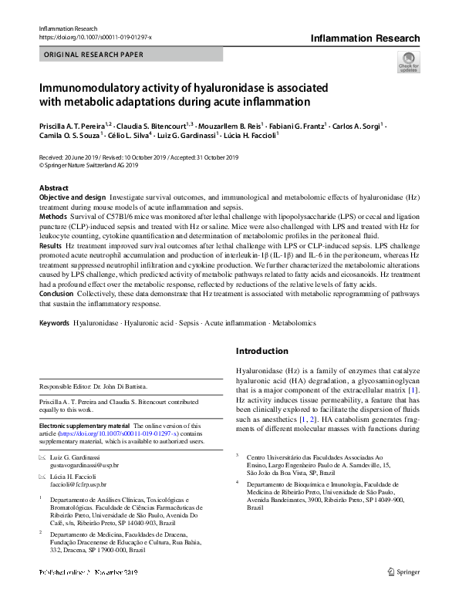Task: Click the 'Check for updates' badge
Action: click(x=407, y=61)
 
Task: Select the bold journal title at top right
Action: click(x=365, y=39)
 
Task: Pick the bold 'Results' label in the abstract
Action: click(x=52, y=243)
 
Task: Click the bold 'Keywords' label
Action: click(x=55, y=323)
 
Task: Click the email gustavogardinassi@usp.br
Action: click(x=84, y=466)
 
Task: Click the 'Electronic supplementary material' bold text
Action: click(x=85, y=425)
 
